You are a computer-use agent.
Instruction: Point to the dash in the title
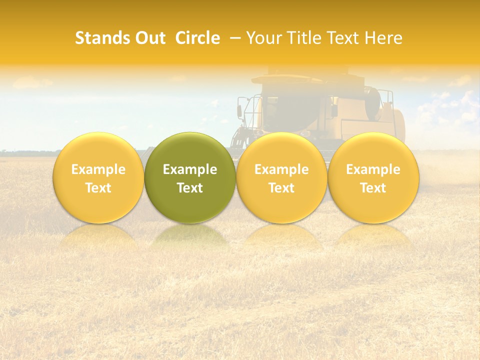click(x=233, y=38)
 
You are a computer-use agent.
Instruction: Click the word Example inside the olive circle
click(x=190, y=169)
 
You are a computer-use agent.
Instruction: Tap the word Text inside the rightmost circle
click(x=373, y=188)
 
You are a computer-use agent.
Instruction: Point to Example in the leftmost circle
click(x=98, y=169)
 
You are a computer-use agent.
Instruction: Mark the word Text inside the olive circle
click(x=190, y=188)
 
